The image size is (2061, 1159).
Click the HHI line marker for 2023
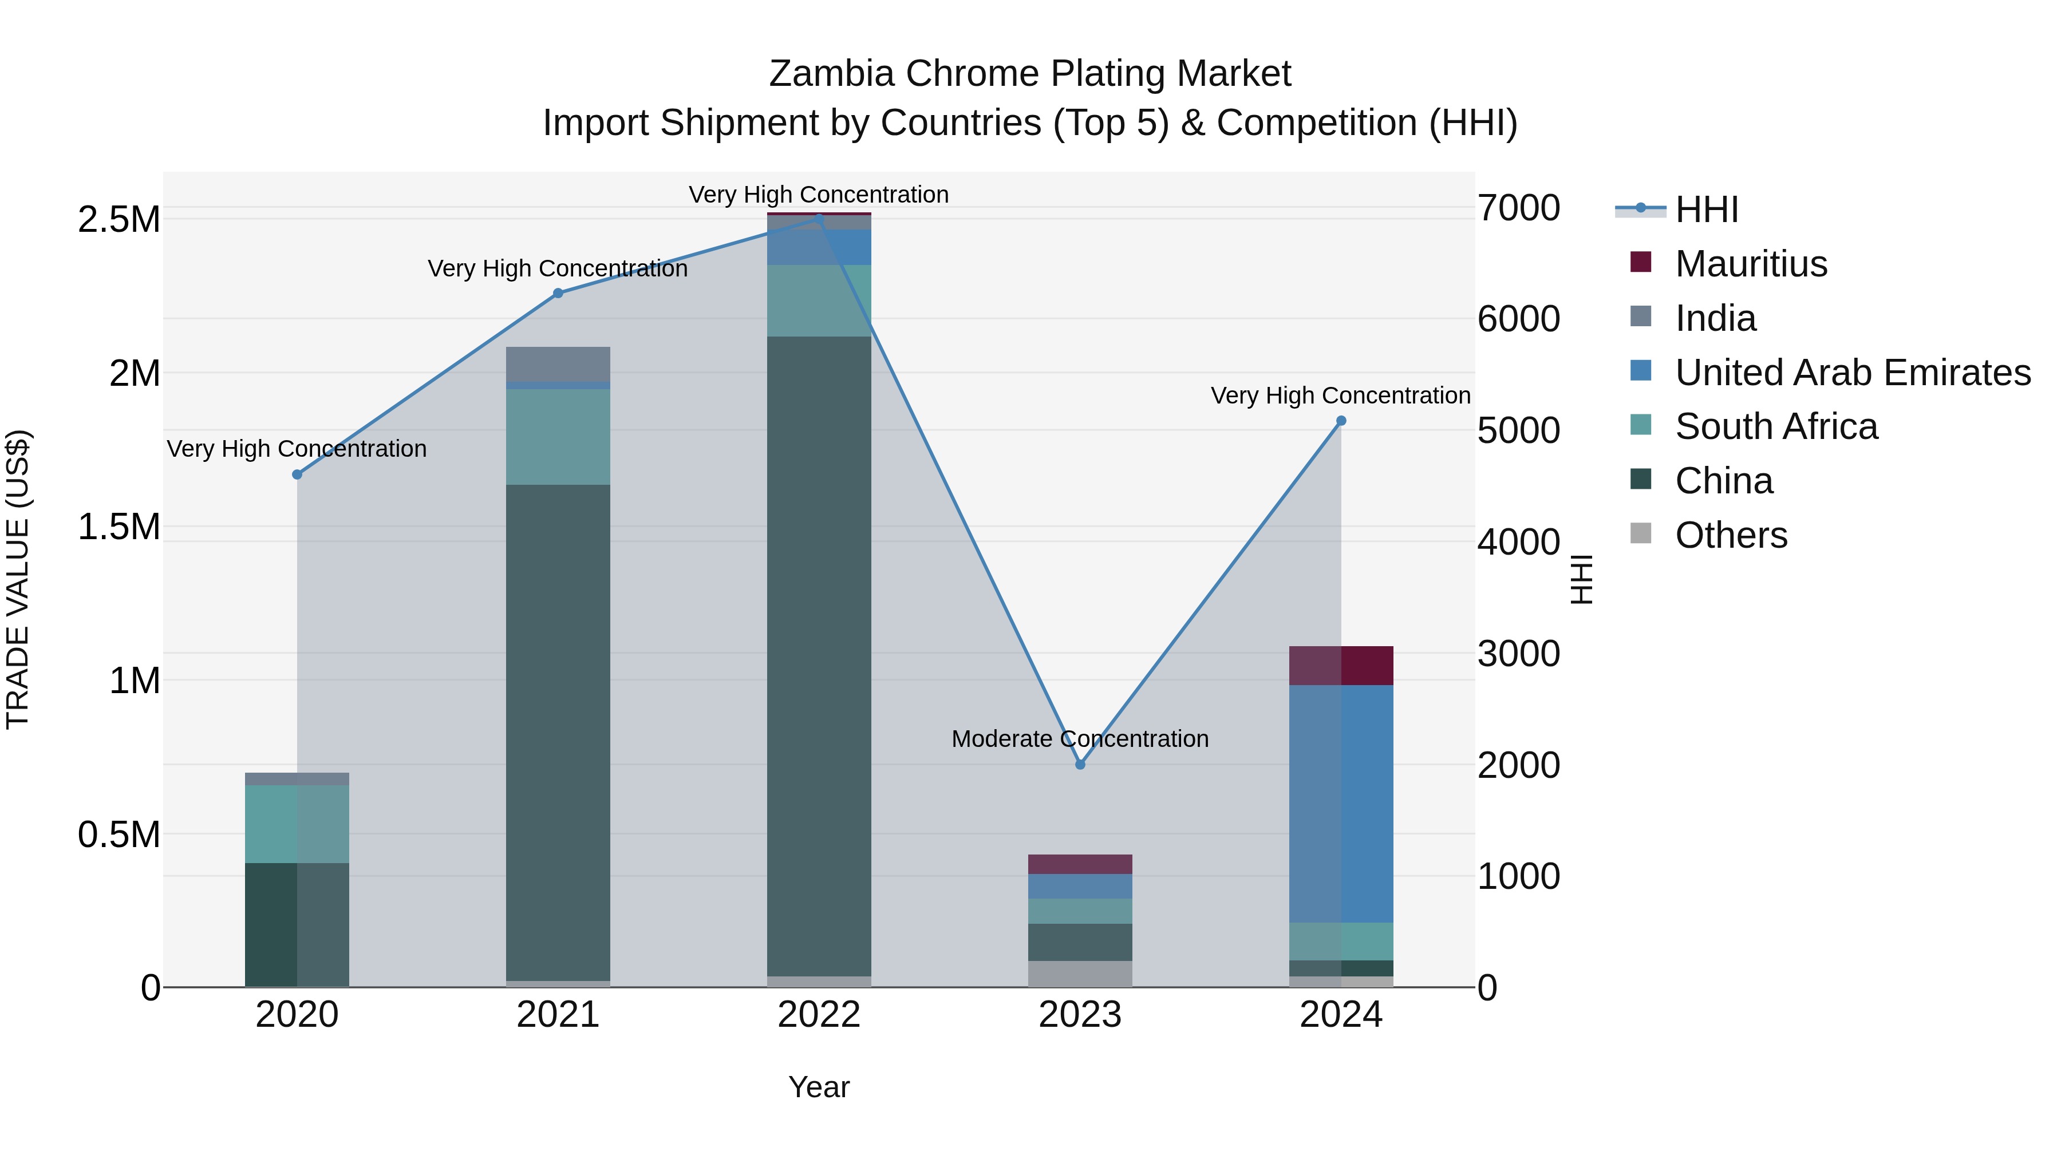coord(1080,765)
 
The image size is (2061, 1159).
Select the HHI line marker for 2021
coord(558,294)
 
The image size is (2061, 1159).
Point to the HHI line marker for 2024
coord(1341,421)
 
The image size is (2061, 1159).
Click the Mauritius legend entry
coord(1751,264)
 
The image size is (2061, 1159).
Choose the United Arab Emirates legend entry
coord(1852,373)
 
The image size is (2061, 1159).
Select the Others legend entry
coord(1731,535)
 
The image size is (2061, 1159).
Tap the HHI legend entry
coord(1706,209)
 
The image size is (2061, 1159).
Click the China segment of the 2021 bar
coord(558,732)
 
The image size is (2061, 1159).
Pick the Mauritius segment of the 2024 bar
coord(1341,666)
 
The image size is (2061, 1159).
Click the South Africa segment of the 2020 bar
coord(297,824)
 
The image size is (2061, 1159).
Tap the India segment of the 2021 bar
coord(558,364)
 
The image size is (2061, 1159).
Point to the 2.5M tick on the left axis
coord(119,220)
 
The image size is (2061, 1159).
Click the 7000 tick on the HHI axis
coord(1518,209)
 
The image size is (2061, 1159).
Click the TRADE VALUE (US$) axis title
coord(18,579)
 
